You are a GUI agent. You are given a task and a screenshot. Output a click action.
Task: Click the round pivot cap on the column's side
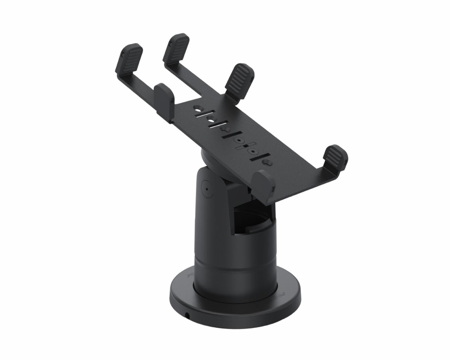click(x=207, y=188)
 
